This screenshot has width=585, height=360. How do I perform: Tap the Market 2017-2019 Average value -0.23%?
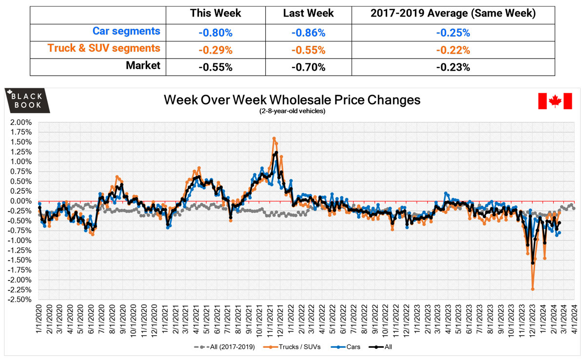pyautogui.click(x=453, y=67)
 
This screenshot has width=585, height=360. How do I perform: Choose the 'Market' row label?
pyautogui.click(x=143, y=65)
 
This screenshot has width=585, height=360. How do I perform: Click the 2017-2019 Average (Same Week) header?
pyautogui.click(x=453, y=14)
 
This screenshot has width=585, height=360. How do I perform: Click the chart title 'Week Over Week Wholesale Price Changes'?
pyautogui.click(x=292, y=100)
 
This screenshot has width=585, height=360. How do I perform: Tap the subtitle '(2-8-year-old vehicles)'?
pyautogui.click(x=292, y=111)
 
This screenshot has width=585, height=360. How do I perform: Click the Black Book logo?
pyautogui.click(x=27, y=100)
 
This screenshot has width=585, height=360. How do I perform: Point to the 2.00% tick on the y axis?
pyautogui.click(x=20, y=122)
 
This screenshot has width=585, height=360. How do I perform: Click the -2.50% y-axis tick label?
pyautogui.click(x=19, y=300)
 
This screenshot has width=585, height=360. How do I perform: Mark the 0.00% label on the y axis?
pyautogui.click(x=20, y=201)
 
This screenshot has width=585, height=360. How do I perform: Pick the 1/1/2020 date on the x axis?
pyautogui.click(x=39, y=320)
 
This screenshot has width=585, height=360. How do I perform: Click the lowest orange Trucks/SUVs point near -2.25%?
pyautogui.click(x=533, y=289)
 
